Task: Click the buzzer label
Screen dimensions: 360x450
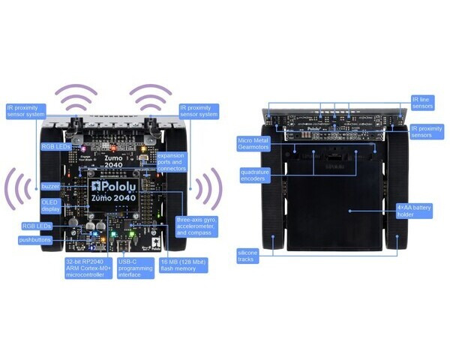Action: coord(51,185)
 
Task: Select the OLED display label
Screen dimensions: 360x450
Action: coord(50,205)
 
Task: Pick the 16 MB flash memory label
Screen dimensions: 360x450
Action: coord(184,264)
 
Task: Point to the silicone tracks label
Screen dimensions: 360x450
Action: coord(248,257)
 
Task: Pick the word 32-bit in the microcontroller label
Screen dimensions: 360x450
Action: coord(75,262)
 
